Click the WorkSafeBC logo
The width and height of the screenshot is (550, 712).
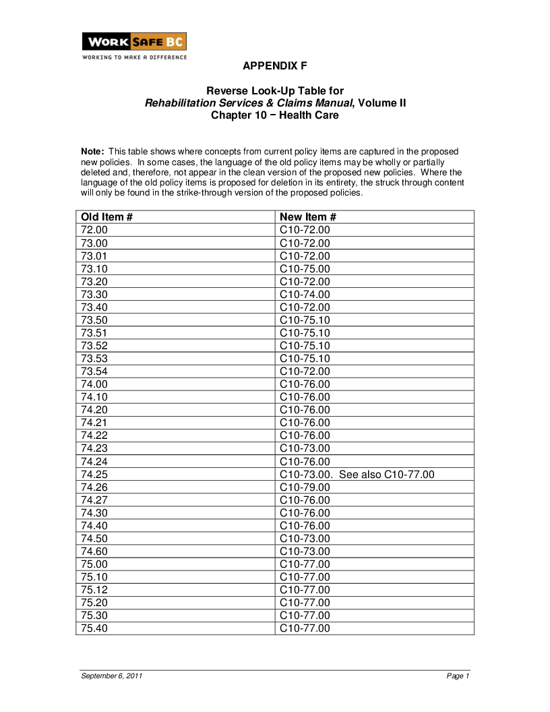pyautogui.click(x=134, y=42)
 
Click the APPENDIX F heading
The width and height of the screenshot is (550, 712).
pyautogui.click(x=275, y=66)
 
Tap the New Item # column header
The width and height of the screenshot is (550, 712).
pyautogui.click(x=307, y=217)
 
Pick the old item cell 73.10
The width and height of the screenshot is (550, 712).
pyautogui.click(x=94, y=269)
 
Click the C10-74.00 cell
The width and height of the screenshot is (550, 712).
pyautogui.click(x=305, y=295)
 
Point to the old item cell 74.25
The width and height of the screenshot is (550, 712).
pyautogui.click(x=94, y=475)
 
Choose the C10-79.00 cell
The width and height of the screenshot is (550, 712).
pyautogui.click(x=305, y=487)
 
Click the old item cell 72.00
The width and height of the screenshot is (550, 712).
pyautogui.click(x=94, y=231)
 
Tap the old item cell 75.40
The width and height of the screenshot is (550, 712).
pyautogui.click(x=94, y=628)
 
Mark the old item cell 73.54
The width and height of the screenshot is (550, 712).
pyautogui.click(x=94, y=372)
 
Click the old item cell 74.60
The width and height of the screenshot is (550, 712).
pyautogui.click(x=94, y=552)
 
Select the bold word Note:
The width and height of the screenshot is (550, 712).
pyautogui.click(x=92, y=152)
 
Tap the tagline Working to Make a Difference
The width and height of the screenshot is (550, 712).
pyautogui.click(x=134, y=57)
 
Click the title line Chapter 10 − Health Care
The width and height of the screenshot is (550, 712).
pyautogui.click(x=275, y=115)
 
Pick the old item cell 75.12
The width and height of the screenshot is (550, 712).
pyautogui.click(x=94, y=590)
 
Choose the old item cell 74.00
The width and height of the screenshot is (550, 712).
pyautogui.click(x=94, y=384)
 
